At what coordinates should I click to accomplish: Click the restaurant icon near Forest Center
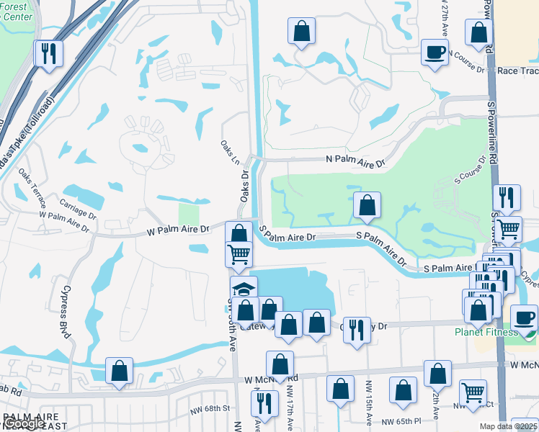point(48,53)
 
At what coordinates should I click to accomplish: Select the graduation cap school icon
point(244,289)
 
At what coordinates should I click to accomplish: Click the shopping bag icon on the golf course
point(367,205)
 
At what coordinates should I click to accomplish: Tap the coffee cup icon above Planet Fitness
point(524,318)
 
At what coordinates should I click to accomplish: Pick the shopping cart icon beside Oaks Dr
point(239,254)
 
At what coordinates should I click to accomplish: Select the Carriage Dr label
point(79,208)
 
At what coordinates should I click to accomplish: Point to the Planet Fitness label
point(486,332)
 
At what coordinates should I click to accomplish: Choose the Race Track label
point(517,71)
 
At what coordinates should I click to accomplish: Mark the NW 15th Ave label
point(368,412)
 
